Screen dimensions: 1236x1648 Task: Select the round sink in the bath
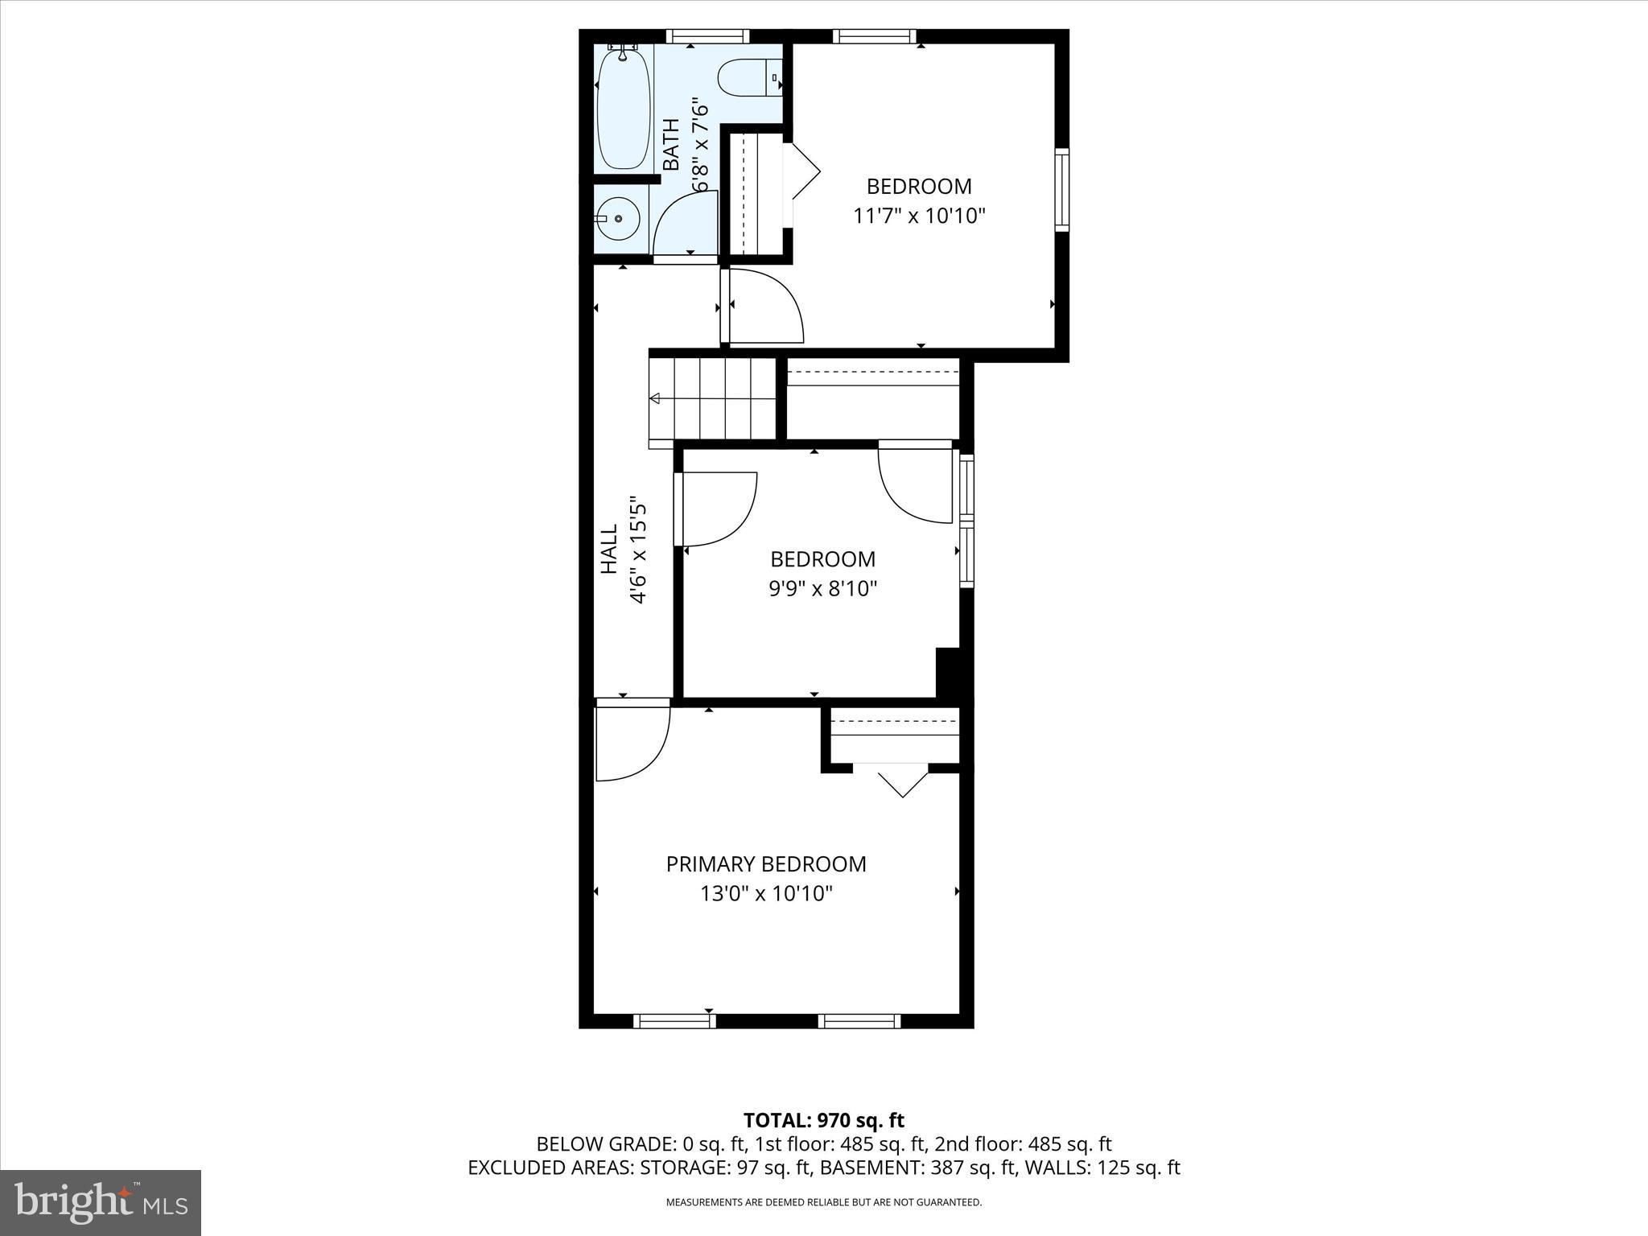tap(618, 218)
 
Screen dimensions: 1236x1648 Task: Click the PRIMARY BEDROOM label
tap(766, 863)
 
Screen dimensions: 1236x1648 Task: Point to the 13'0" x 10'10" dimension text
tap(766, 893)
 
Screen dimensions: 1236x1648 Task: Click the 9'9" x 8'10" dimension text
tap(822, 588)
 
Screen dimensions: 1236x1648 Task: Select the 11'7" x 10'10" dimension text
tap(919, 216)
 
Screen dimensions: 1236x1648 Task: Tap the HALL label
tap(609, 549)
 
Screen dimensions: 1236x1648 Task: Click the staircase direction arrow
tap(655, 398)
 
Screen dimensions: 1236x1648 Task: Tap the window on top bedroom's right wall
tap(1062, 190)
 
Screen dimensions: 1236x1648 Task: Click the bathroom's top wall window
tap(707, 36)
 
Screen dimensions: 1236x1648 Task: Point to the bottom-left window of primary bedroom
tap(674, 1021)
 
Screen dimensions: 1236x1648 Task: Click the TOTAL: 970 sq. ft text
tap(823, 1120)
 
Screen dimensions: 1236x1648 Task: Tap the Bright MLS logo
tap(100, 1202)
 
